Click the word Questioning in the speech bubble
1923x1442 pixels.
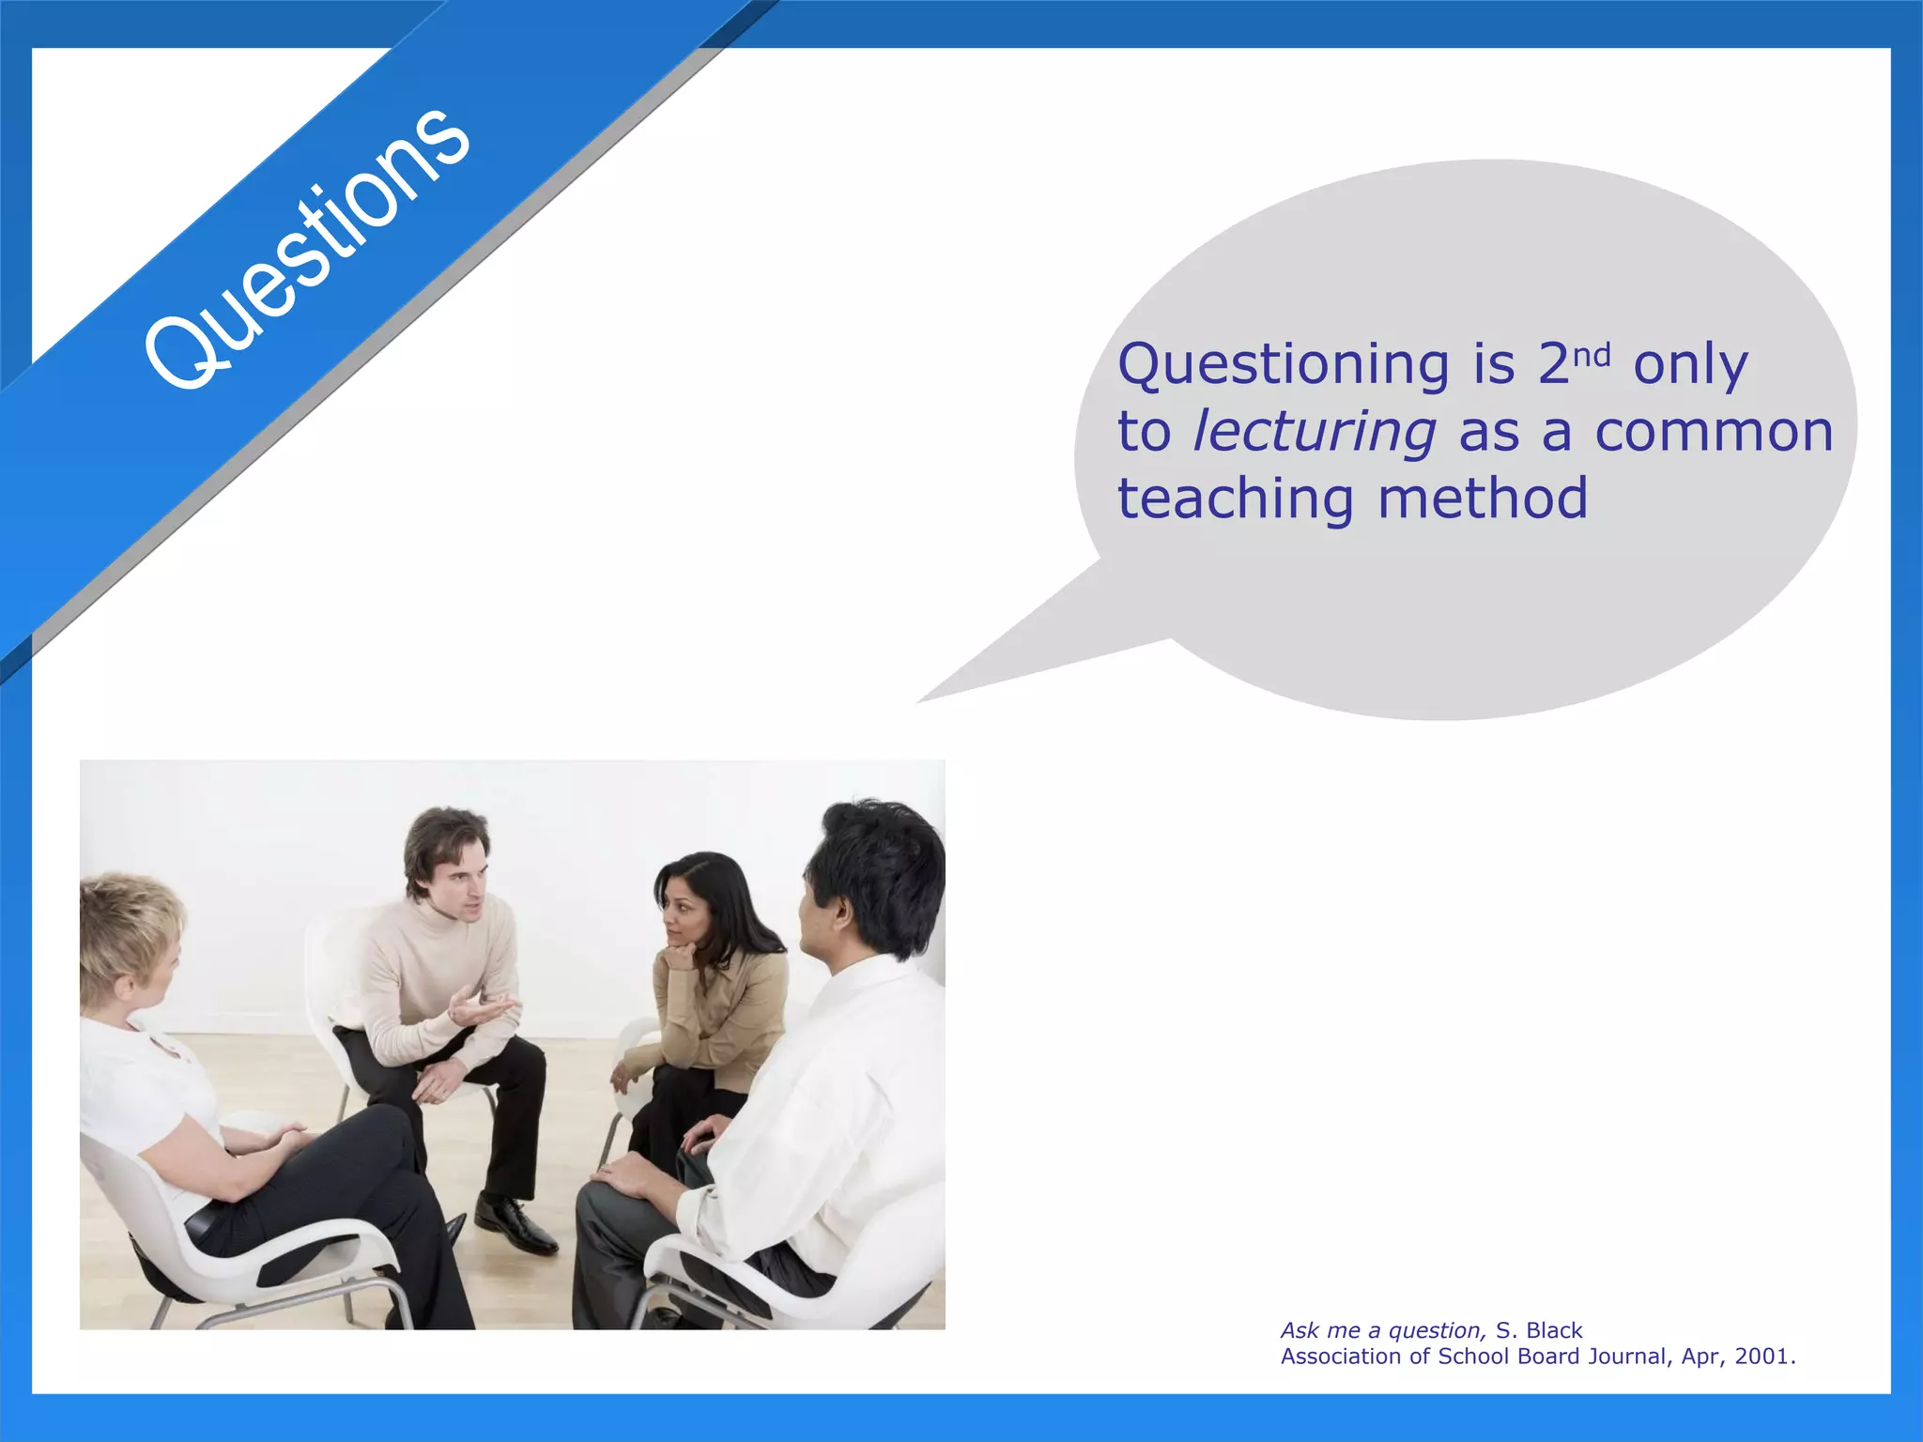(1283, 366)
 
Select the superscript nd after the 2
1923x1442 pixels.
(1592, 356)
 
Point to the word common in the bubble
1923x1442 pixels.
(1714, 432)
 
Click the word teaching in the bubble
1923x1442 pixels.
(1235, 499)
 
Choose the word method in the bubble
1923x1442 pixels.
(1483, 498)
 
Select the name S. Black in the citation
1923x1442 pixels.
(1539, 1330)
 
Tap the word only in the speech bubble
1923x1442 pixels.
(1690, 366)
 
